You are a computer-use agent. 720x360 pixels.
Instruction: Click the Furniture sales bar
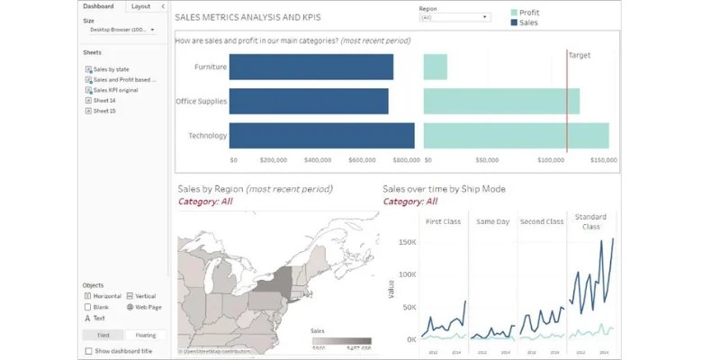point(310,67)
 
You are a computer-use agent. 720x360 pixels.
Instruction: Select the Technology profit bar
point(516,135)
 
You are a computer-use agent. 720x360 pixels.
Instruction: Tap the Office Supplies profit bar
point(501,101)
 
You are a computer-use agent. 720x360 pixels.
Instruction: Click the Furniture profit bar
point(435,67)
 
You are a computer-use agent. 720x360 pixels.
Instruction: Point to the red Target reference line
point(567,108)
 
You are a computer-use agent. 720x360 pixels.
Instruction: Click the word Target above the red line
point(580,55)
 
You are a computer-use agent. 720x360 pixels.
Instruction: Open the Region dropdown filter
point(454,16)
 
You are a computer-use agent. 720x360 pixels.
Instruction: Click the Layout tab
point(140,6)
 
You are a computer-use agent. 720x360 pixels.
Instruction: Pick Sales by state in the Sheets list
point(111,68)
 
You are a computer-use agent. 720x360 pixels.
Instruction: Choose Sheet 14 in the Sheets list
point(104,101)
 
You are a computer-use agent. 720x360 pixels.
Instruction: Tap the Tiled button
point(103,335)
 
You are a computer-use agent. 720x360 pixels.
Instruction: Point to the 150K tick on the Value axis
point(408,243)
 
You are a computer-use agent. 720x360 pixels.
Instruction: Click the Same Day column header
point(492,221)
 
